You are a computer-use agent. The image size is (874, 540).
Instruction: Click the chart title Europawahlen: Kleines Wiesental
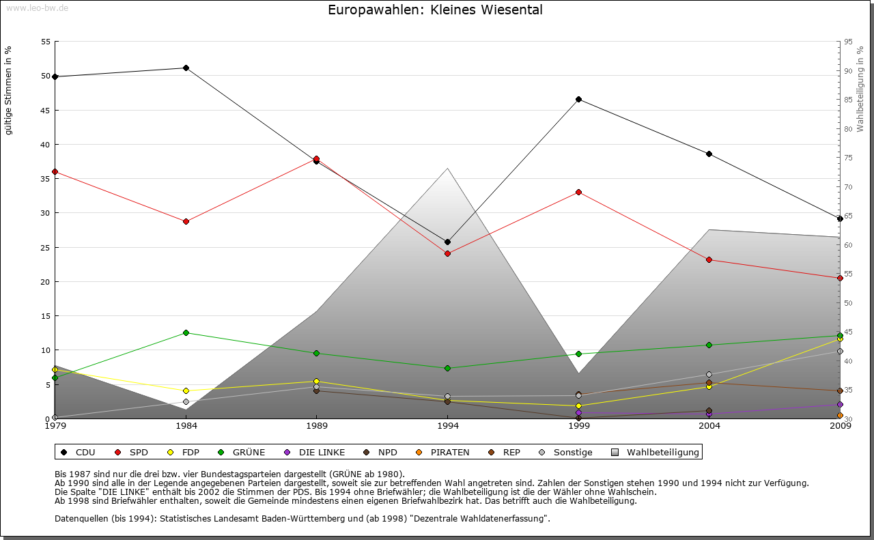click(435, 10)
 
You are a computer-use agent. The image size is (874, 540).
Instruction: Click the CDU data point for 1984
click(186, 68)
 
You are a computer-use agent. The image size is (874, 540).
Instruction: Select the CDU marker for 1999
click(578, 99)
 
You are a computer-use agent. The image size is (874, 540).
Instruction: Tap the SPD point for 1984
click(186, 221)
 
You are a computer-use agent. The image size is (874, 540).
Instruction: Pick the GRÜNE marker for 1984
click(186, 332)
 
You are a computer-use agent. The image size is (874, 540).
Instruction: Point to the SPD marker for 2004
click(709, 259)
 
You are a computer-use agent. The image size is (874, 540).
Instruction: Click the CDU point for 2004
click(709, 154)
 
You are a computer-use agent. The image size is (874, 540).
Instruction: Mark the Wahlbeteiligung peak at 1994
click(448, 168)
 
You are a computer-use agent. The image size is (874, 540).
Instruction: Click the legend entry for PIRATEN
click(444, 452)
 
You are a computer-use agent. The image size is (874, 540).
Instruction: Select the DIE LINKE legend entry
click(315, 452)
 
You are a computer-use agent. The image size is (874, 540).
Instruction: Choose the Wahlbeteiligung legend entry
click(655, 452)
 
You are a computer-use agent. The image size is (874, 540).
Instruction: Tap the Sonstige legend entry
click(567, 452)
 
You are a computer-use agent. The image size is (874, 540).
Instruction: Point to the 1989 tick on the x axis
click(317, 427)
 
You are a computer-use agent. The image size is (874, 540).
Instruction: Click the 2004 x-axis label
click(709, 427)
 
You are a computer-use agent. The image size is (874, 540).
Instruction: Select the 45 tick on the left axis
click(46, 110)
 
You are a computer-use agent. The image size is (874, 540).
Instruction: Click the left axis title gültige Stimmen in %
click(9, 90)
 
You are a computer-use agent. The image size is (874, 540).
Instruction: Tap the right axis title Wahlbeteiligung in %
click(860, 89)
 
